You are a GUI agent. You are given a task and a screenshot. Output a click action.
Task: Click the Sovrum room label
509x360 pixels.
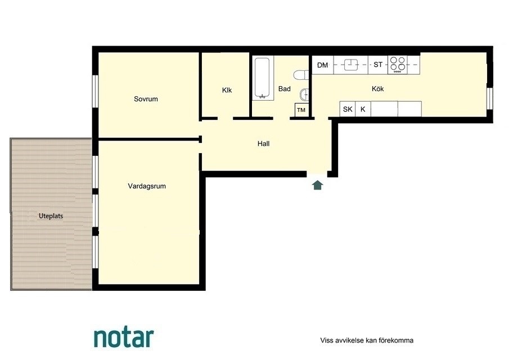(146, 99)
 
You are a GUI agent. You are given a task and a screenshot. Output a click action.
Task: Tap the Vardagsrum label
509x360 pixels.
(147, 186)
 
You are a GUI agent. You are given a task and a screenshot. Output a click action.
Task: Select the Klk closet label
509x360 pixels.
(227, 90)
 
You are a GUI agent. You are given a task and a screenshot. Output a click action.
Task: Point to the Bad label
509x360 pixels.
(285, 89)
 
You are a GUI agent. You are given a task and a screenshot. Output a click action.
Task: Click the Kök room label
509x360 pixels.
(378, 89)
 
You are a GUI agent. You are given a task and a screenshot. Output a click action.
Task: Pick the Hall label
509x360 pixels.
(264, 144)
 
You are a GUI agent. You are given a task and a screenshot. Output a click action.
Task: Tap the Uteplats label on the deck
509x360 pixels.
(51, 216)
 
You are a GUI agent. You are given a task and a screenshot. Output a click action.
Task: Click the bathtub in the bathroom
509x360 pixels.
(262, 78)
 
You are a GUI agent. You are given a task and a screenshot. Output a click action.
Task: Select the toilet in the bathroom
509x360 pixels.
(301, 75)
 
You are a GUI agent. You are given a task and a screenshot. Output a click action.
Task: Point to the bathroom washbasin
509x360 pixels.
(304, 94)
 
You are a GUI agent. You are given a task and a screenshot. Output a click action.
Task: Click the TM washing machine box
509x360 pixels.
(301, 110)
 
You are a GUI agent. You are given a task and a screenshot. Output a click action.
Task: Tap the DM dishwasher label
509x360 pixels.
(322, 65)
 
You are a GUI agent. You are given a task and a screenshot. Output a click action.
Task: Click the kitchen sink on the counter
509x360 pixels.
(351, 65)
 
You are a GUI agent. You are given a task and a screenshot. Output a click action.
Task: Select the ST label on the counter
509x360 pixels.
(378, 65)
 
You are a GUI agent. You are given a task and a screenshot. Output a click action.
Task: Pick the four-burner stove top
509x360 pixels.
(398, 65)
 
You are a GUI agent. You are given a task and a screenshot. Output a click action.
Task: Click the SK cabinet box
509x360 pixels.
(348, 109)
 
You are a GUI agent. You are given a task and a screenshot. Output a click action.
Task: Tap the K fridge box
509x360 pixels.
(363, 109)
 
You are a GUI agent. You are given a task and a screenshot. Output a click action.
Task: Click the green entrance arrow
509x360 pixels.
(317, 185)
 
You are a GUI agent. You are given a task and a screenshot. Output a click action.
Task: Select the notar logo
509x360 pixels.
(124, 338)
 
